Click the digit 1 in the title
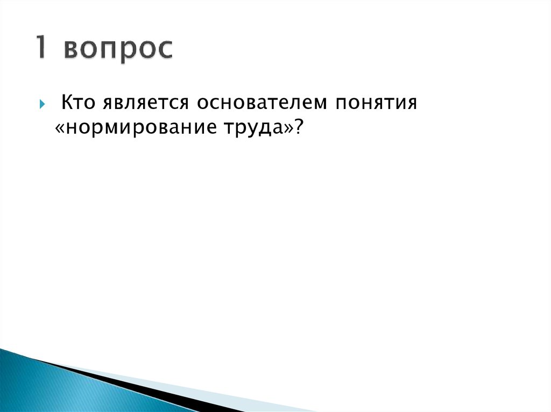click(x=42, y=48)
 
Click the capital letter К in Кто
click(x=67, y=102)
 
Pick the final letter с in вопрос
click(x=165, y=52)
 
